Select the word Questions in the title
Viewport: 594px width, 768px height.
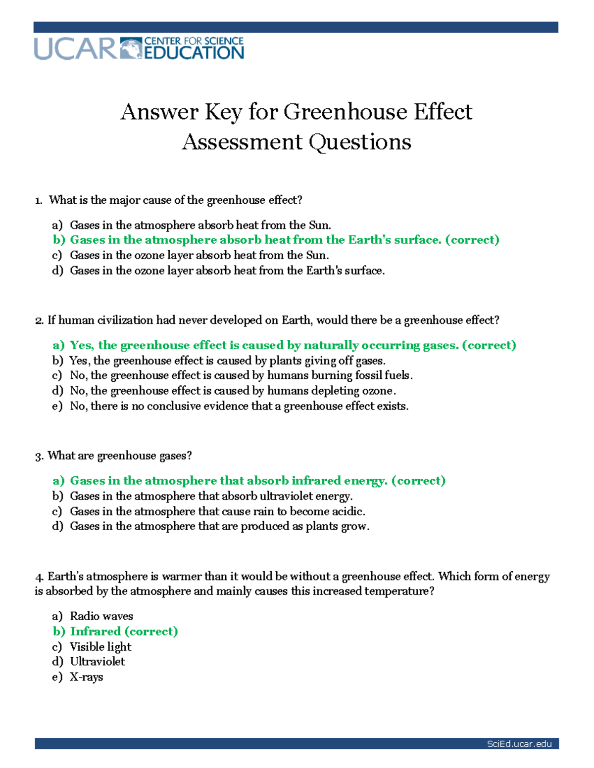[360, 142]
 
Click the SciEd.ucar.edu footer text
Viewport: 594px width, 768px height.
[519, 744]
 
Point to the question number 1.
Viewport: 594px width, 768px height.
[38, 200]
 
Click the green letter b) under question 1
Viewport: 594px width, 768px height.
[59, 240]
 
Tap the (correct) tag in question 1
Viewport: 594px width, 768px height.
[472, 240]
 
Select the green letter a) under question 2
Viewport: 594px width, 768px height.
[58, 345]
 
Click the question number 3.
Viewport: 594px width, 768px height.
[39, 456]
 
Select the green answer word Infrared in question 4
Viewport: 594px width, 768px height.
[96, 632]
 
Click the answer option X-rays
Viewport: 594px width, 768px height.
[87, 677]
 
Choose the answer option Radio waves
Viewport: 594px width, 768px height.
[101, 616]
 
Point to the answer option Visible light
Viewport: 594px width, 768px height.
[100, 647]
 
